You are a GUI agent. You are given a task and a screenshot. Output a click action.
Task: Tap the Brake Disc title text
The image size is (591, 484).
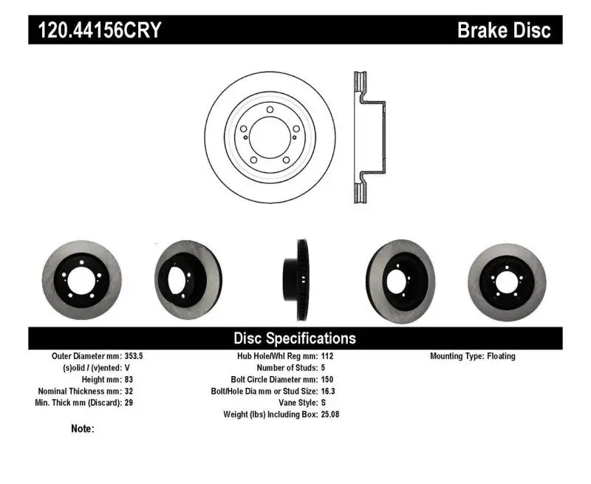[504, 30]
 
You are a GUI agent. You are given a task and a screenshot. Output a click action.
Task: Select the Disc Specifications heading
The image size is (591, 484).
[295, 338]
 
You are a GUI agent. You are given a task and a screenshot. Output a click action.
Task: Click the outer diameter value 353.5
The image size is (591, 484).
[133, 356]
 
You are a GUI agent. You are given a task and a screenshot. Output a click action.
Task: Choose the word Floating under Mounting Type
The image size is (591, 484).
[501, 356]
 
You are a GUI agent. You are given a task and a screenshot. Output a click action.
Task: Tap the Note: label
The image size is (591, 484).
[83, 429]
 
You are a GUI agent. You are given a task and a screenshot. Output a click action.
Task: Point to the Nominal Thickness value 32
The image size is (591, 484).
[130, 391]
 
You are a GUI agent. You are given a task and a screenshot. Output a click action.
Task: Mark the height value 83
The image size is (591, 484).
[130, 380]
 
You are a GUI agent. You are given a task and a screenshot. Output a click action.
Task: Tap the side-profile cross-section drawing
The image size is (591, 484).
[369, 138]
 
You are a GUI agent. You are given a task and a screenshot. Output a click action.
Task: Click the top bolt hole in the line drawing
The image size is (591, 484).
[270, 110]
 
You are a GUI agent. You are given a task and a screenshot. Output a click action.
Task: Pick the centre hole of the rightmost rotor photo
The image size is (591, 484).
[507, 282]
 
